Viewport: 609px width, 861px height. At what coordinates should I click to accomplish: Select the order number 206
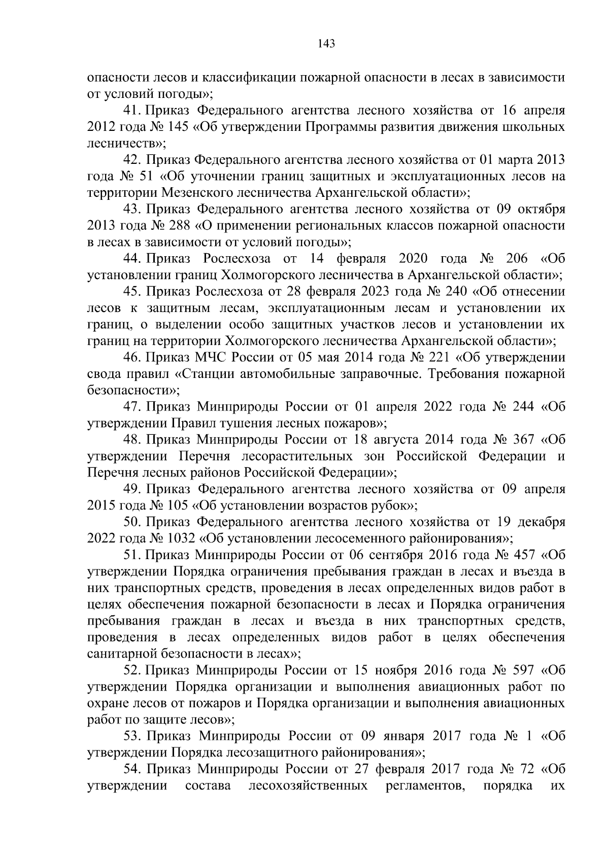pos(517,259)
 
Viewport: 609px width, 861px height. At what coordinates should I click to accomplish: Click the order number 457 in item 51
pos(517,555)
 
